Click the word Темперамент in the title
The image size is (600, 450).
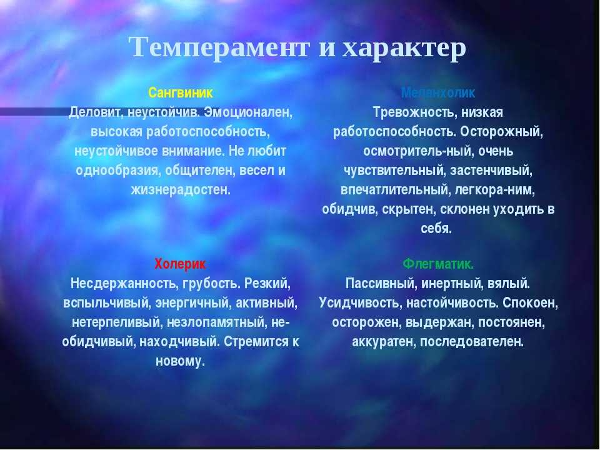tap(219, 47)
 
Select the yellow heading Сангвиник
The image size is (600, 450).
tap(180, 92)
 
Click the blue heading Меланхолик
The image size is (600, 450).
tap(438, 92)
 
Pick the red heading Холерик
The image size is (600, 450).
tap(180, 264)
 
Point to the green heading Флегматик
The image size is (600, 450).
tap(438, 264)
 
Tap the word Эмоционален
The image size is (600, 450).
tap(248, 113)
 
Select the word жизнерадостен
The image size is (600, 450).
tap(181, 190)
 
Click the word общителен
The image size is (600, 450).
tap(198, 171)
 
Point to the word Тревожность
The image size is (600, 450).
tap(415, 113)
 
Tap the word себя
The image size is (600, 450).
tap(436, 229)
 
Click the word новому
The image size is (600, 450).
tap(180, 361)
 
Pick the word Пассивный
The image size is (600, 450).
tap(381, 284)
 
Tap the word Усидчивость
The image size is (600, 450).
tap(361, 304)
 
